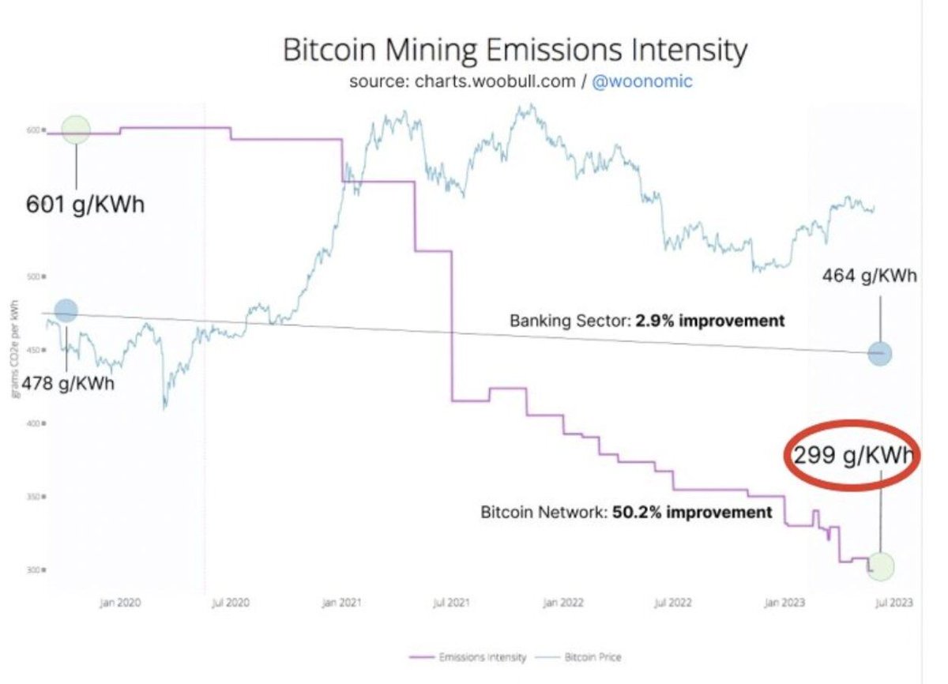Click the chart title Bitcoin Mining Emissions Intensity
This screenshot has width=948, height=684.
[514, 52]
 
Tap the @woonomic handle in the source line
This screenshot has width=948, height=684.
[641, 82]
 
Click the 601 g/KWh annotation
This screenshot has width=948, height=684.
[85, 205]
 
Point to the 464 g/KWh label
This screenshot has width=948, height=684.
[869, 276]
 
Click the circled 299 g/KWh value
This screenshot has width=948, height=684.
[849, 456]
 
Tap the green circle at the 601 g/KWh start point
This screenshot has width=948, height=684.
[76, 130]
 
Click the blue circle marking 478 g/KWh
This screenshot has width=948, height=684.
[66, 310]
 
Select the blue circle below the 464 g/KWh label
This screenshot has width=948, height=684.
[880, 355]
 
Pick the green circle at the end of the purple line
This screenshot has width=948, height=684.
[881, 566]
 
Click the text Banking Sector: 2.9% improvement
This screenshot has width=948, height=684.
[647, 321]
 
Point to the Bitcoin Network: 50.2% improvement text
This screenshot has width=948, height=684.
[626, 513]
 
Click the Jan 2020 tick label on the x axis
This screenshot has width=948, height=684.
[120, 603]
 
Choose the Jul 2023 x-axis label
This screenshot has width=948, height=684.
[893, 603]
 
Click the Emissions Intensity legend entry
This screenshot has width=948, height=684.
[468, 657]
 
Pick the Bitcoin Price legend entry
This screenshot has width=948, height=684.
[581, 657]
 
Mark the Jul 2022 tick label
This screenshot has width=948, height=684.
[673, 603]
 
